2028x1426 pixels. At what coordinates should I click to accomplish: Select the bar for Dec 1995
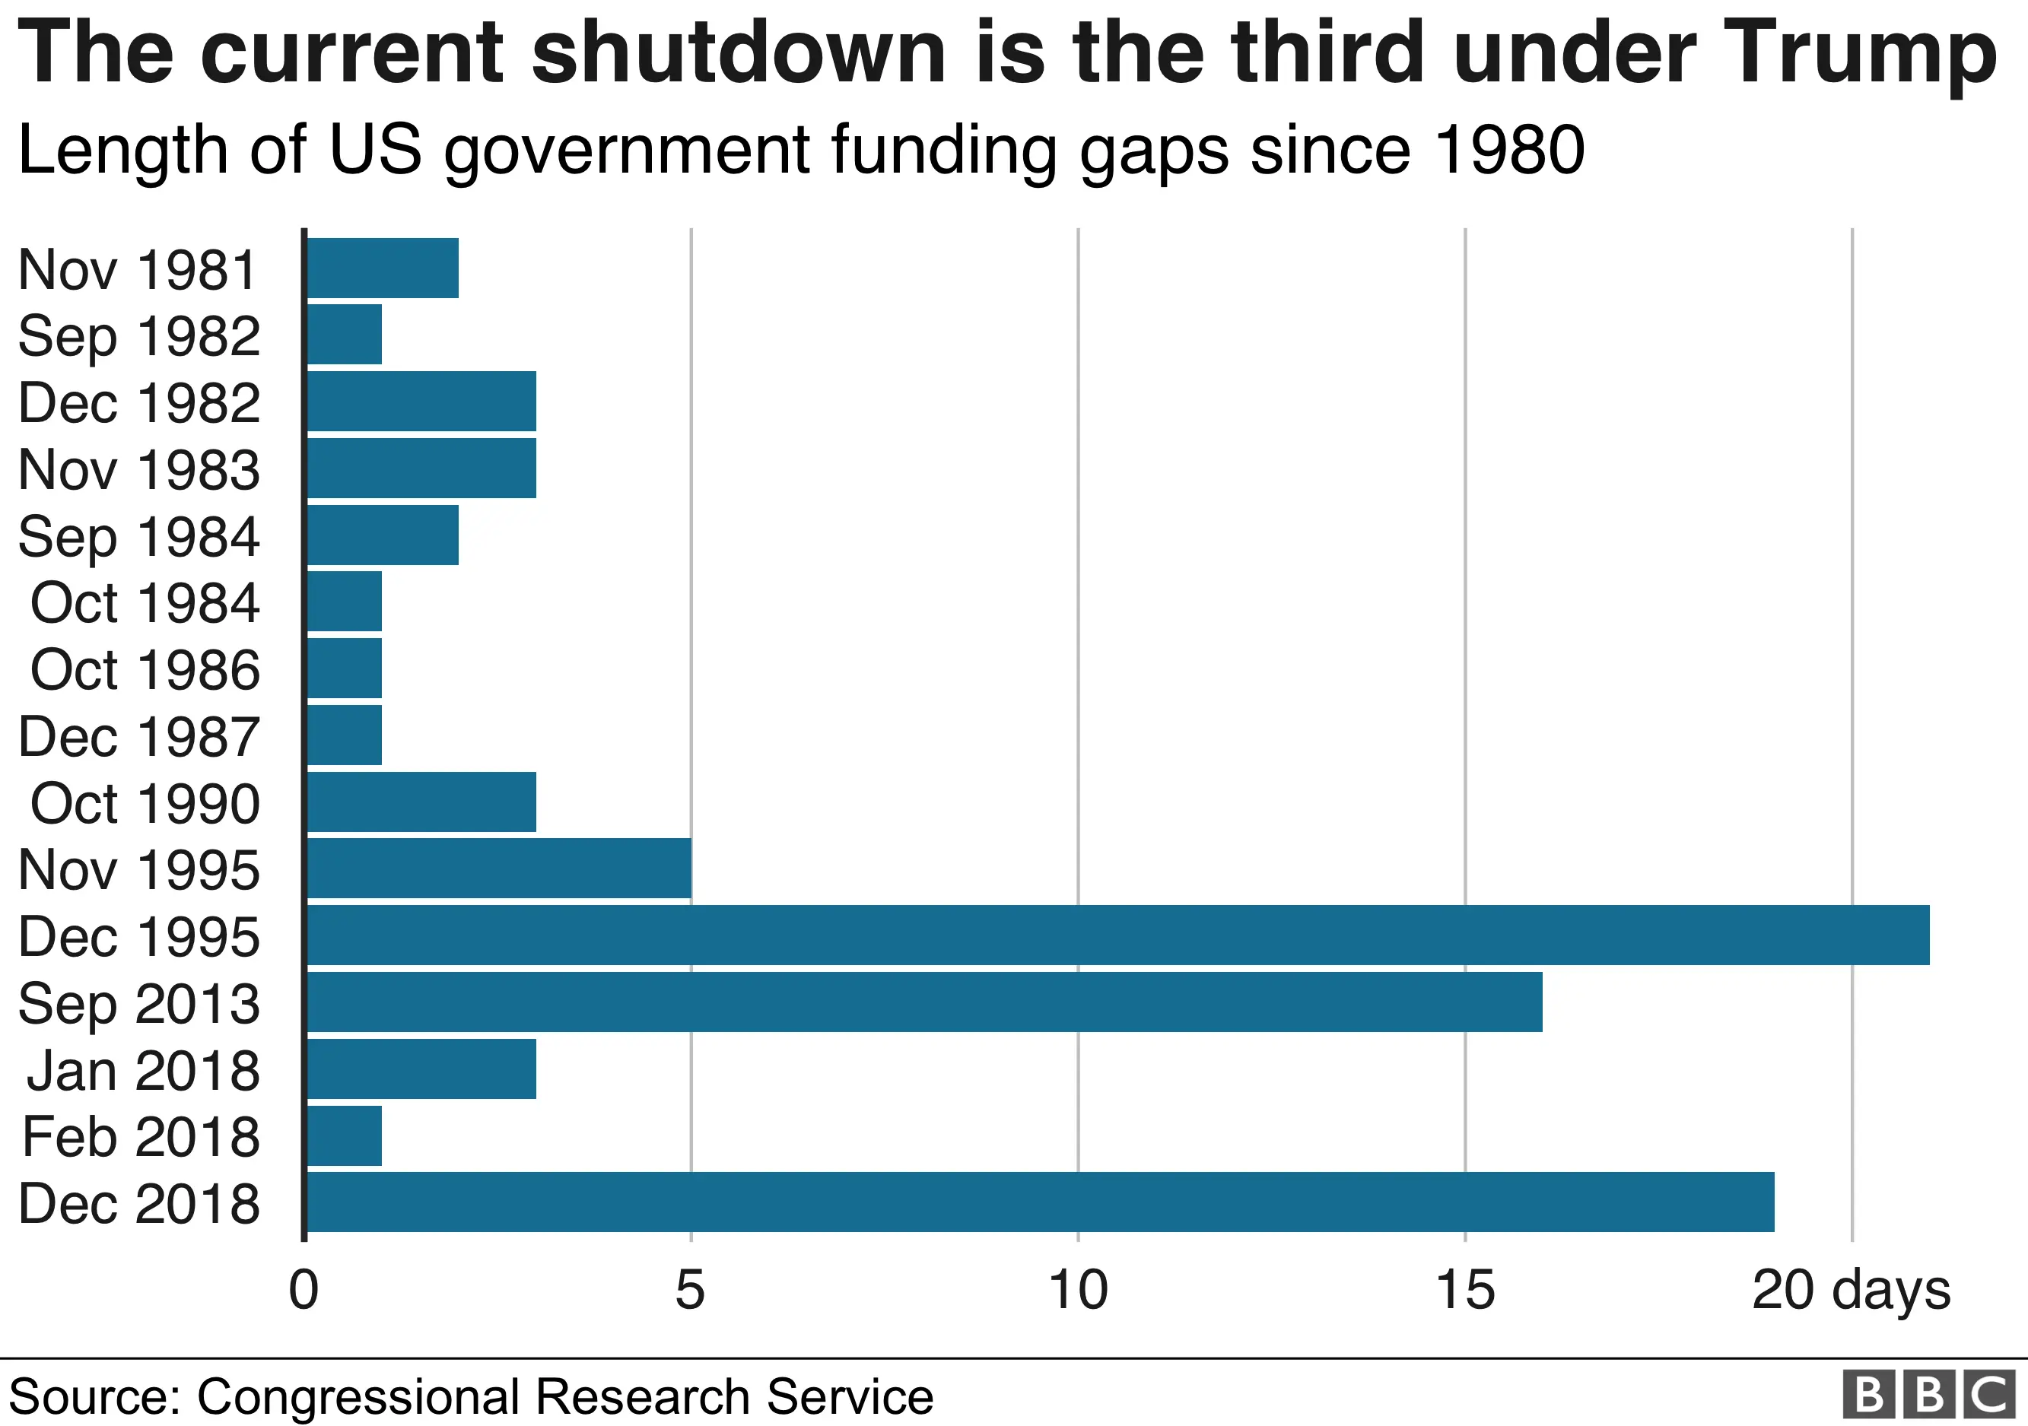tap(1117, 935)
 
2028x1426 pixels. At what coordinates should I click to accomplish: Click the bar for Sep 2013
tap(924, 1002)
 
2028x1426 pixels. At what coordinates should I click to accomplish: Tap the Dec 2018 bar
tap(1040, 1202)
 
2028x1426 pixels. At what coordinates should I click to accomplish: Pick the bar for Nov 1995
tap(499, 869)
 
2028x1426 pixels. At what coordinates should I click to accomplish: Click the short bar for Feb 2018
tap(345, 1135)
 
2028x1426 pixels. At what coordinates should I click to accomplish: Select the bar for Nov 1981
tap(383, 268)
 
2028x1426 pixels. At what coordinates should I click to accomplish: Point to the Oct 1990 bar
tap(421, 802)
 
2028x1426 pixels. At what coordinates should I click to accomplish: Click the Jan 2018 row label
tap(143, 1070)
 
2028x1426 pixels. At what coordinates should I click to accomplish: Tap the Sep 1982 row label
tap(138, 336)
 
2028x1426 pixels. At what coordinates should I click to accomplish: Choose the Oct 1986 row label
tap(145, 669)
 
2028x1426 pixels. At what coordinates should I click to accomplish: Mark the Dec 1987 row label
tap(138, 736)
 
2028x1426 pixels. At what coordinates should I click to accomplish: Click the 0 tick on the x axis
tap(304, 1290)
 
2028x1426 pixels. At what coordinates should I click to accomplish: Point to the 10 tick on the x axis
tap(1078, 1290)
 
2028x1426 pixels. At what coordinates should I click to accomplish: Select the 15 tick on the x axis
tap(1464, 1290)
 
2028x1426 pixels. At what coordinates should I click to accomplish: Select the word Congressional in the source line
tap(358, 1397)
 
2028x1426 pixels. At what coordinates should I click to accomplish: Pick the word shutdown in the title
tap(739, 53)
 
